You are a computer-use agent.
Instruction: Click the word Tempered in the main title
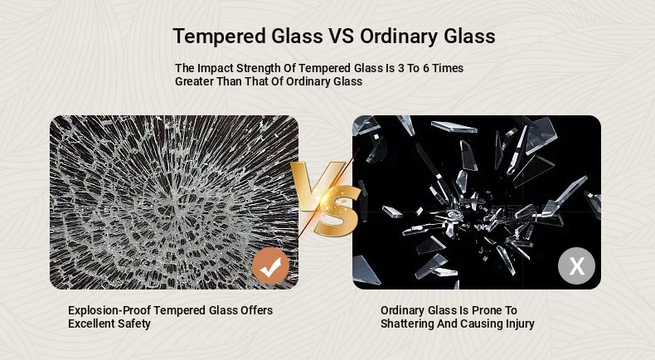pos(220,36)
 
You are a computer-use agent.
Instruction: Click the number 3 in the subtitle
pos(401,68)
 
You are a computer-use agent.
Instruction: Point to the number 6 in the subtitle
pos(426,68)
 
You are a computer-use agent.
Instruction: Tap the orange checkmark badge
pos(270,266)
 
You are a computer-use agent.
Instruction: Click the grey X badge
pos(577,266)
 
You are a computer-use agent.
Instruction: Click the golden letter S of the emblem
pos(337,212)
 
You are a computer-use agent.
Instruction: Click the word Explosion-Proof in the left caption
pos(110,311)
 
